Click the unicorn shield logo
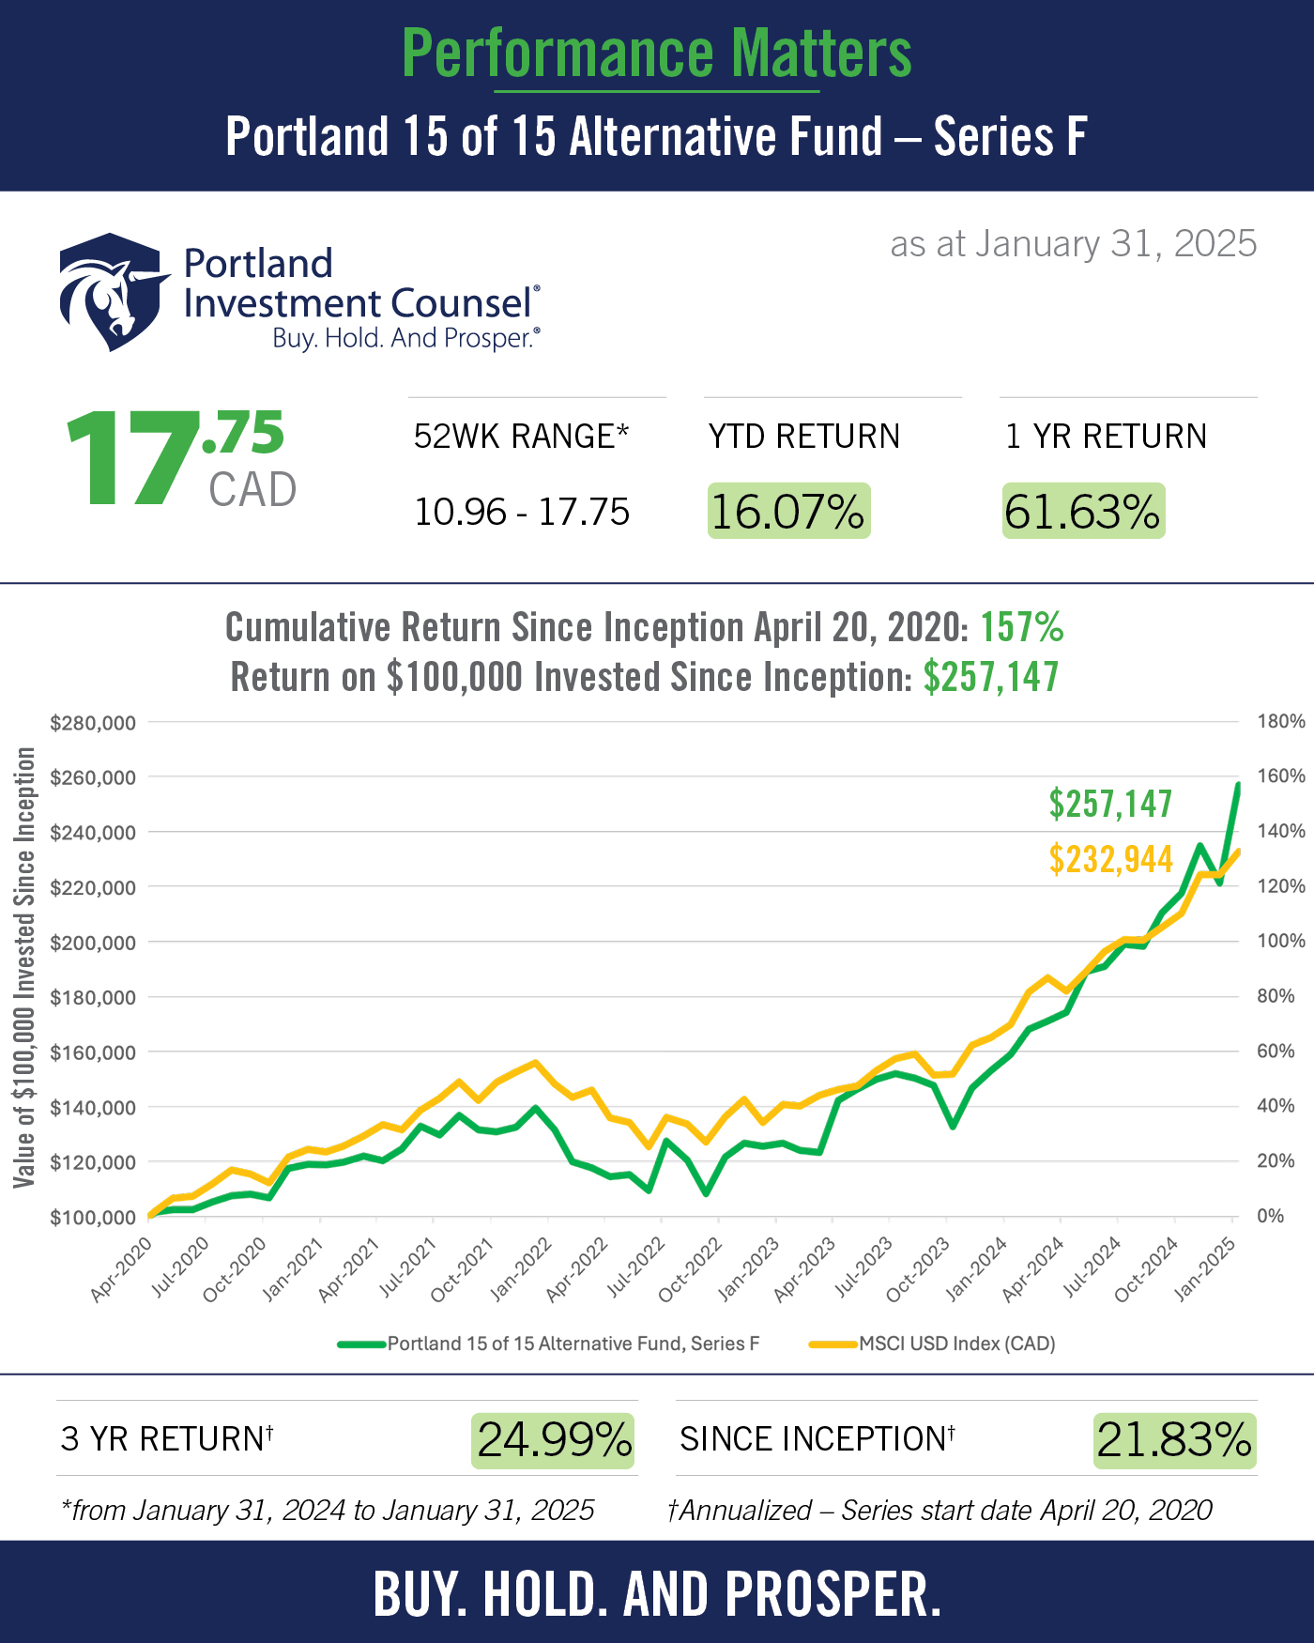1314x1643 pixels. point(113,291)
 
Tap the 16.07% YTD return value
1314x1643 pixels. point(788,512)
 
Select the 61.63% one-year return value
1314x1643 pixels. point(1083,512)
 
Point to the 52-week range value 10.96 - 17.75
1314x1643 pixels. point(522,513)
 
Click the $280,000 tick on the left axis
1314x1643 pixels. point(92,723)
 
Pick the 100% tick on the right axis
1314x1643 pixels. point(1281,941)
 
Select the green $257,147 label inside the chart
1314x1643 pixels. point(1110,804)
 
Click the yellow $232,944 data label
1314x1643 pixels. point(1110,859)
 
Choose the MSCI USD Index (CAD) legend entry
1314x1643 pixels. point(957,1344)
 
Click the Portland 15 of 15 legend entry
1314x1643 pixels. point(573,1344)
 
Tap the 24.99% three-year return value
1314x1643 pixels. point(554,1440)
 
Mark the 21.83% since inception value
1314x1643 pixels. point(1174,1440)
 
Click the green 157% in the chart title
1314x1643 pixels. point(1022,627)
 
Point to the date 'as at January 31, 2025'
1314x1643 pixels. point(1073,244)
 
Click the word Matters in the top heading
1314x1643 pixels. point(821,54)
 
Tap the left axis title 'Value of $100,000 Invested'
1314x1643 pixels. point(25,967)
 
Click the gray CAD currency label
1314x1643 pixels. point(252,489)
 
